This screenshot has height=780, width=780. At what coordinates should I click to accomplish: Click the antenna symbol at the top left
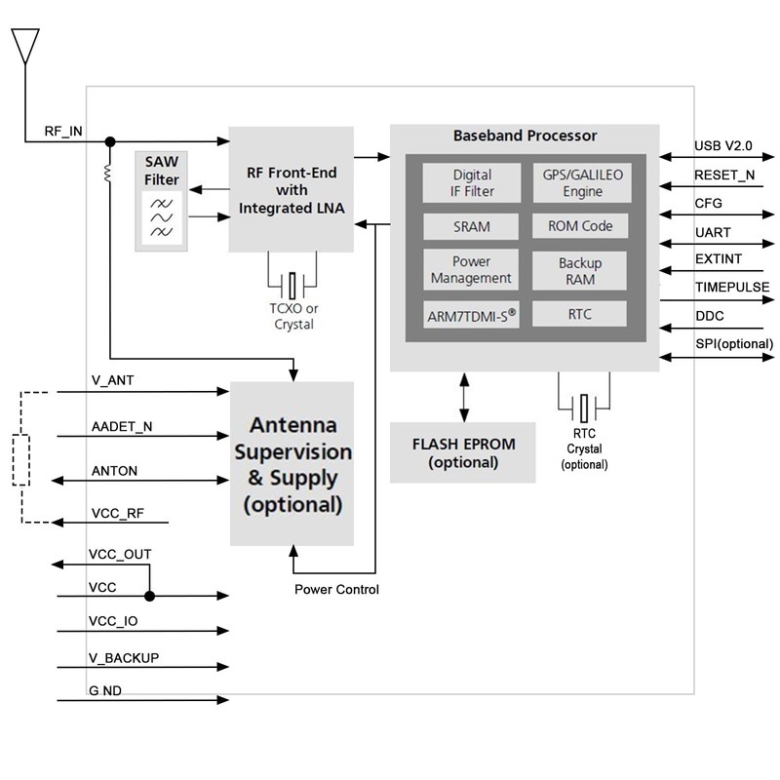click(x=25, y=44)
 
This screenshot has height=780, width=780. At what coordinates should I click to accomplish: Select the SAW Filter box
click(x=161, y=200)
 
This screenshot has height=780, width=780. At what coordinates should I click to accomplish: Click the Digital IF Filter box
click(x=472, y=183)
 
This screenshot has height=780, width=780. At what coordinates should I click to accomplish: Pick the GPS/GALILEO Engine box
click(x=581, y=183)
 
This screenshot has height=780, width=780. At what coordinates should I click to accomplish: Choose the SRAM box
click(x=472, y=227)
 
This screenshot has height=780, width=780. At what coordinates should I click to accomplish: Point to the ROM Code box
click(x=580, y=226)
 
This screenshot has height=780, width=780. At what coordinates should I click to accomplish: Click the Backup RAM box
click(x=580, y=271)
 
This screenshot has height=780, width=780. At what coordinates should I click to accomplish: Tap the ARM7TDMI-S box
click(x=472, y=315)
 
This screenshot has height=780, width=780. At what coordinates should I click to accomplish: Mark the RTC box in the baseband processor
click(x=580, y=314)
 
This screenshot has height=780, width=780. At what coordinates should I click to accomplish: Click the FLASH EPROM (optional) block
click(x=463, y=452)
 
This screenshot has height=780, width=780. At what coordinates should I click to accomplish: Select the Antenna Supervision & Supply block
click(x=292, y=464)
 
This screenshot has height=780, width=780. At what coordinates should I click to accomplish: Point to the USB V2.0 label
click(x=722, y=145)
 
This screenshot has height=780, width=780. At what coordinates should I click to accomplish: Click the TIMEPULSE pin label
click(x=732, y=288)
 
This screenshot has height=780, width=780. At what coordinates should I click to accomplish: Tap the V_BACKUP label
click(x=124, y=658)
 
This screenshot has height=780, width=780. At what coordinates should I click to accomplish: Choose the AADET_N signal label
click(x=121, y=426)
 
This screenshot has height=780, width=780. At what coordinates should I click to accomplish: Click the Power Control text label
click(x=336, y=590)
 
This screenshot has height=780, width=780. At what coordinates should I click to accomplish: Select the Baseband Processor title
click(x=526, y=136)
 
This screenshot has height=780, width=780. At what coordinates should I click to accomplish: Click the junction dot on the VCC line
click(x=148, y=596)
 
